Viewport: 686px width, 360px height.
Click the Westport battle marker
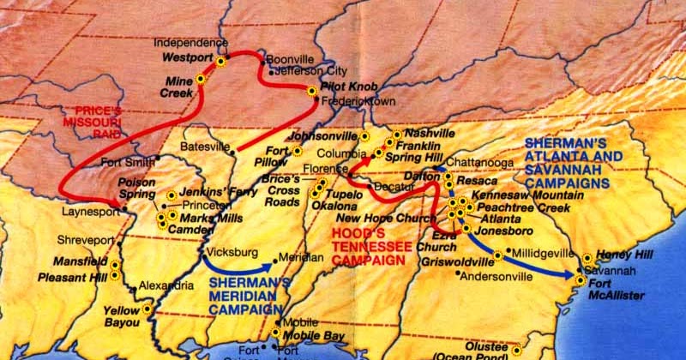(220, 61)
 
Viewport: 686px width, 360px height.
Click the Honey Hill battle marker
(587, 257)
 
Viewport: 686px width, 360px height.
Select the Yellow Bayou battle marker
(147, 308)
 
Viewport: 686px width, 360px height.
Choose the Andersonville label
(495, 277)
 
